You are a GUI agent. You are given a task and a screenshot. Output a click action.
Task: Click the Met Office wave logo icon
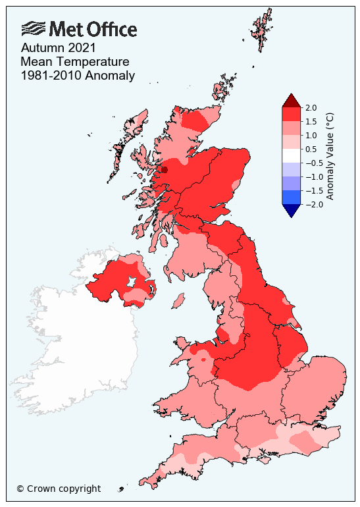34,29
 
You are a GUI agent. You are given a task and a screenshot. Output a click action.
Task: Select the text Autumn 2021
59,48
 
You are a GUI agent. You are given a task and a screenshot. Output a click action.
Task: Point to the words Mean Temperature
74,62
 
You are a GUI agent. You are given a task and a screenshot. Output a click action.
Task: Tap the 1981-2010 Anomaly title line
78,76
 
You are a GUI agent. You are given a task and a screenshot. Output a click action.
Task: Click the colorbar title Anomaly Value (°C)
330,155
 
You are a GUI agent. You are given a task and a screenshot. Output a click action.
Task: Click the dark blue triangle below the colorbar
291,210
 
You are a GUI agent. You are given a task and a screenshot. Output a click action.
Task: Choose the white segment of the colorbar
291,155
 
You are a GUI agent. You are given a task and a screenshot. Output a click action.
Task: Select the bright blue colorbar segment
291,197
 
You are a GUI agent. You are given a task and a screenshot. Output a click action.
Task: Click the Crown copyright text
59,489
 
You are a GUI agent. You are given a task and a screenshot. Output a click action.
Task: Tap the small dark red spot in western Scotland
165,170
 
